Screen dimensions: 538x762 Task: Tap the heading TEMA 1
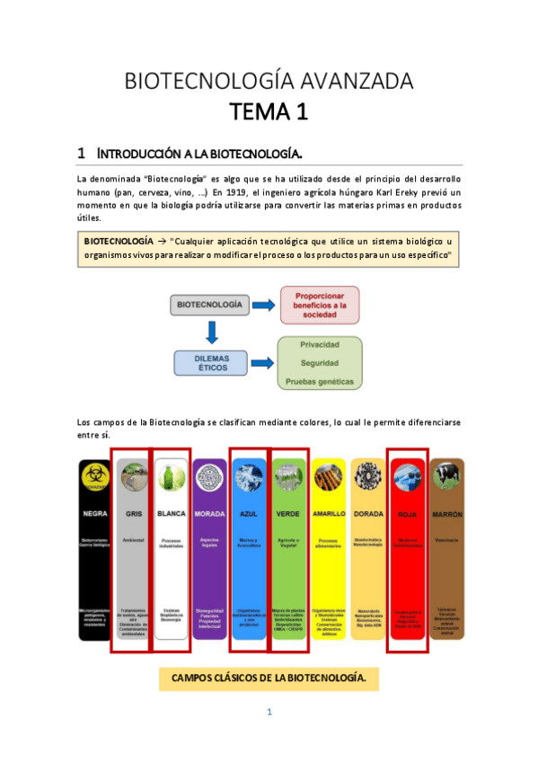[x=269, y=113]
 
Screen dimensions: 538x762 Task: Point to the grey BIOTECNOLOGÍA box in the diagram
[x=208, y=306]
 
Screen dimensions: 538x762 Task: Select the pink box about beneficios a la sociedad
[x=320, y=306]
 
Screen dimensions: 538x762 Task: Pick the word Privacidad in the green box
[x=319, y=344]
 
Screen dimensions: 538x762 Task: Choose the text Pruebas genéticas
[x=319, y=383]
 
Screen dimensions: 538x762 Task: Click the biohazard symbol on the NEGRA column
[x=93, y=476]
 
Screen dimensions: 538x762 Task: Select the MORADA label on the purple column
[x=208, y=513]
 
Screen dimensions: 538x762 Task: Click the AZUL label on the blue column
[x=248, y=513]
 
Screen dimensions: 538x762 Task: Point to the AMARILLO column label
[x=328, y=513]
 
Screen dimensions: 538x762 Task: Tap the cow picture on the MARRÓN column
[x=445, y=476]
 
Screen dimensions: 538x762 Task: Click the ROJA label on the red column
[x=406, y=514]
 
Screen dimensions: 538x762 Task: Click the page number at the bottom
[x=269, y=713]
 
